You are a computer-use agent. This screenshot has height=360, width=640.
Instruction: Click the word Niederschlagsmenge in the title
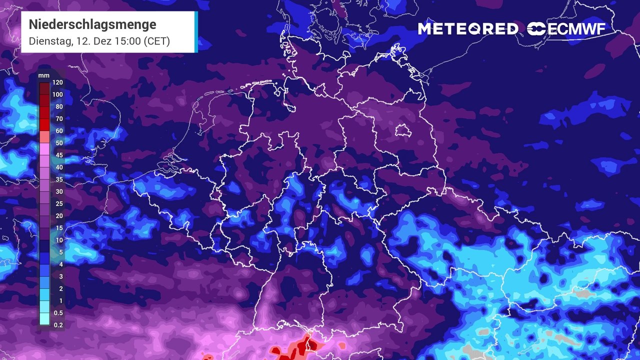[92, 24]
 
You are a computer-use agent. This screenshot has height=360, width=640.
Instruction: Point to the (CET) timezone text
[157, 41]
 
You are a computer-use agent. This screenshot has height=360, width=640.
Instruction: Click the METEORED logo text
[468, 29]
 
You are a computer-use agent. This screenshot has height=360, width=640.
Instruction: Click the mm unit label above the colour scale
[43, 75]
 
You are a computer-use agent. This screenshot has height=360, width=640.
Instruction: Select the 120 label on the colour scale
[57, 82]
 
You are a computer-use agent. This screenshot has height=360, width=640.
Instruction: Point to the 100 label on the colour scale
[57, 94]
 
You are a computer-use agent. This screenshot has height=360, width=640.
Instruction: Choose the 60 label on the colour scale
[59, 131]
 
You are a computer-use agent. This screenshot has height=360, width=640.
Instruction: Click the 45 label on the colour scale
[59, 155]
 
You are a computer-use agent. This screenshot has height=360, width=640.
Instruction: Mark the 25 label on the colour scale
[59, 204]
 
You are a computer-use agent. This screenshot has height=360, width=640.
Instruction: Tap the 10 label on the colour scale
[59, 240]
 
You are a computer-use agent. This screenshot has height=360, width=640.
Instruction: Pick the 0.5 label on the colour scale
[58, 313]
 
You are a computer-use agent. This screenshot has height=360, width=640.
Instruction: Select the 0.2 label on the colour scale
[58, 325]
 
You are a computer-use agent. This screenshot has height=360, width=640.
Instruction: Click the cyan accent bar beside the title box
[196, 31]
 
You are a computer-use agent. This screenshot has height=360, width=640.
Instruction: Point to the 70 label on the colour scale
[59, 119]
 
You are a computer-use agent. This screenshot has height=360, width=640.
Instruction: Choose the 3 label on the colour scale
[60, 276]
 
